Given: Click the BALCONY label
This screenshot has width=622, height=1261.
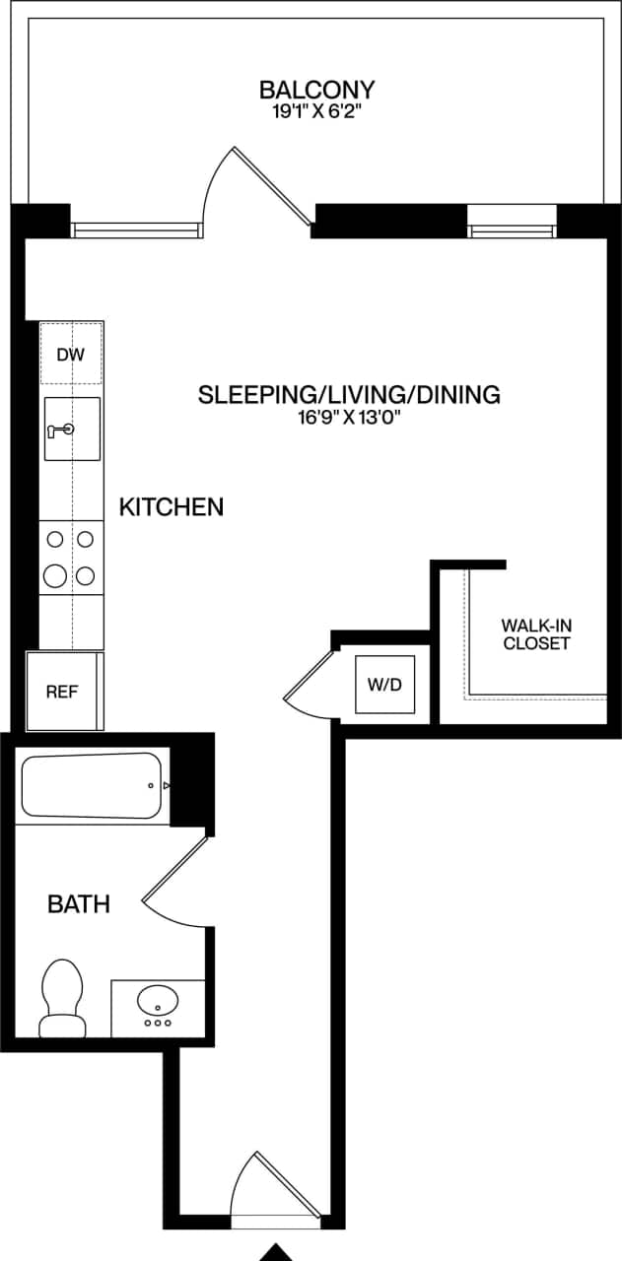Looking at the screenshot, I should [x=316, y=90].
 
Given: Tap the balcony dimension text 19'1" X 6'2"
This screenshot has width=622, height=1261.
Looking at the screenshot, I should [x=316, y=112].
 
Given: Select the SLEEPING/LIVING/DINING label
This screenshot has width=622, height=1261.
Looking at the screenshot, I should [x=349, y=395].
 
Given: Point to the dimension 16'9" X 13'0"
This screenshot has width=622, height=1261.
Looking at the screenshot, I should [x=349, y=418].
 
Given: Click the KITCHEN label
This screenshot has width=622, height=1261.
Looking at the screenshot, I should [x=171, y=507].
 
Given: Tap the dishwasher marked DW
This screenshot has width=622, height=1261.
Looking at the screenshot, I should [x=71, y=354].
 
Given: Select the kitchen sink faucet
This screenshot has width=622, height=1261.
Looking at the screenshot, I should [x=60, y=429].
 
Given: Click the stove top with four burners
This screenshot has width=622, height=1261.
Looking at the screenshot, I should [x=71, y=557].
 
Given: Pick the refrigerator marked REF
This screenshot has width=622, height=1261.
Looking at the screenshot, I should [x=62, y=691].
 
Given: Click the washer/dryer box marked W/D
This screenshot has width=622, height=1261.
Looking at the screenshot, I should [x=385, y=683].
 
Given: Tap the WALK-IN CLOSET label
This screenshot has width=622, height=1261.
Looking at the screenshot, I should [x=536, y=634].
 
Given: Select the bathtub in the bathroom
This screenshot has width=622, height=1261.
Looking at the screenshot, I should [x=91, y=785].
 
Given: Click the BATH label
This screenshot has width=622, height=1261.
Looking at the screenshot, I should [x=79, y=903].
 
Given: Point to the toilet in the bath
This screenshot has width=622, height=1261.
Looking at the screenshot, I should [x=62, y=997].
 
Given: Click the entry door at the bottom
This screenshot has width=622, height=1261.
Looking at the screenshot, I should [x=258, y=1187].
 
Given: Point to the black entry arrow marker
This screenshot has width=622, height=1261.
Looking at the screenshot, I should [x=278, y=1251].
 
